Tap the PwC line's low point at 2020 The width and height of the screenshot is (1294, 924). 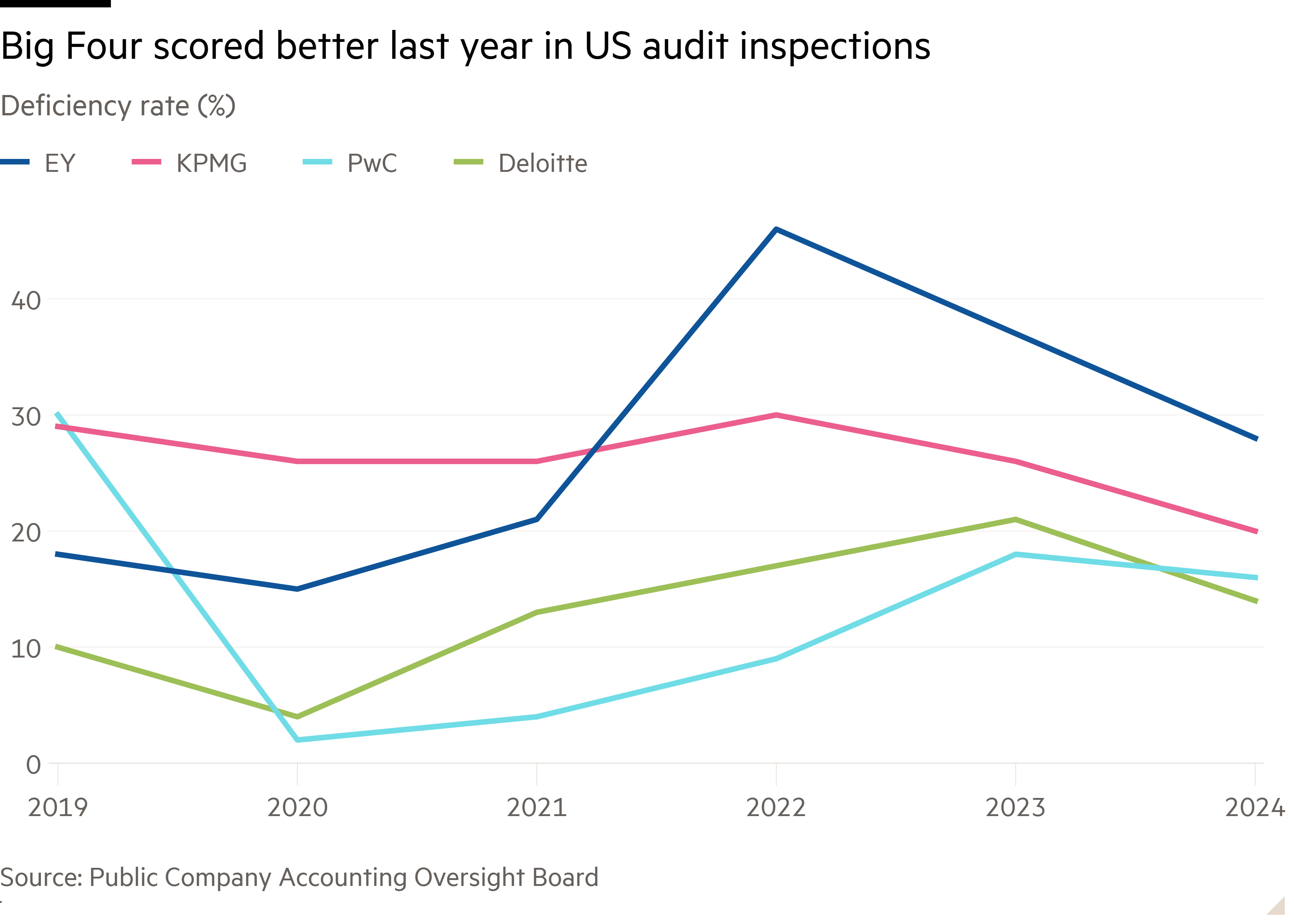point(297,740)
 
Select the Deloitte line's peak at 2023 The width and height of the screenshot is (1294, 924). point(1016,519)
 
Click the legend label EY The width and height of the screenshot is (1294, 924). point(60,163)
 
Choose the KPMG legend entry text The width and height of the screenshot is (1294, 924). point(211,163)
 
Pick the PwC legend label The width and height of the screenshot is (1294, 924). point(372,163)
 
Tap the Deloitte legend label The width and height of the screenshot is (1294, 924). point(542,163)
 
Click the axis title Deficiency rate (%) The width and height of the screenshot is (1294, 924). point(118,106)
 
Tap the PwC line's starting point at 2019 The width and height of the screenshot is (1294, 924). point(57,414)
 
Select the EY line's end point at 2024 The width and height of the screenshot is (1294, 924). point(1256,439)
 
